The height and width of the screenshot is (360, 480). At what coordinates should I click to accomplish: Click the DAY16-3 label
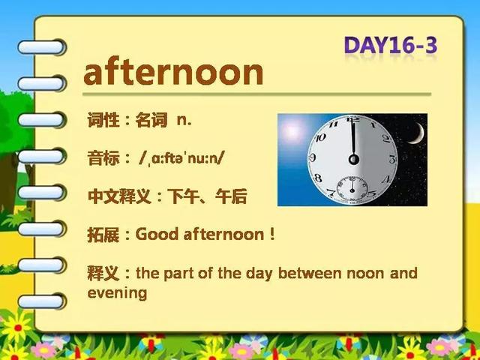pos(391,46)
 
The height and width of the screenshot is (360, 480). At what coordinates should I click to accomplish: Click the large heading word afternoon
pos(173,72)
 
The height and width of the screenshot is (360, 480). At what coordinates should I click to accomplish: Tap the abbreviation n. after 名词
pos(184,120)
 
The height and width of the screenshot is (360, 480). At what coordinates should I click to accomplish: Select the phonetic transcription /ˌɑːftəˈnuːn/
pos(181,158)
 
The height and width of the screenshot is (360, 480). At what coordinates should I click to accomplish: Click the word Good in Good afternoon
pos(157,235)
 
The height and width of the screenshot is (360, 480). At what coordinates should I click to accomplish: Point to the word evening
pos(117,293)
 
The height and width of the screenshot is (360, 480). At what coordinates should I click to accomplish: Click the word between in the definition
pos(310,273)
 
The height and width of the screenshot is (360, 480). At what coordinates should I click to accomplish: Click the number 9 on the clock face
pos(312,158)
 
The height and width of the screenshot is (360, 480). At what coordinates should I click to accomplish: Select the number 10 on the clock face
pos(320,137)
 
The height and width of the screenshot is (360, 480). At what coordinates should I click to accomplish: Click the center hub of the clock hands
pos(354,159)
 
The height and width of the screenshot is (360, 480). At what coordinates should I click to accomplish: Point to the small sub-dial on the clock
pos(352,188)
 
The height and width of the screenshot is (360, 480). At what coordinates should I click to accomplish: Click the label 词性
pos(103,120)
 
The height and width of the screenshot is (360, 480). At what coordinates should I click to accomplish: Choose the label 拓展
pos(103,235)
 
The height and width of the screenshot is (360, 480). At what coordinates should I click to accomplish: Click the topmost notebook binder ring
pos(41,47)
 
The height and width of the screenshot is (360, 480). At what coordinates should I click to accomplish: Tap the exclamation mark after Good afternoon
pos(272,234)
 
